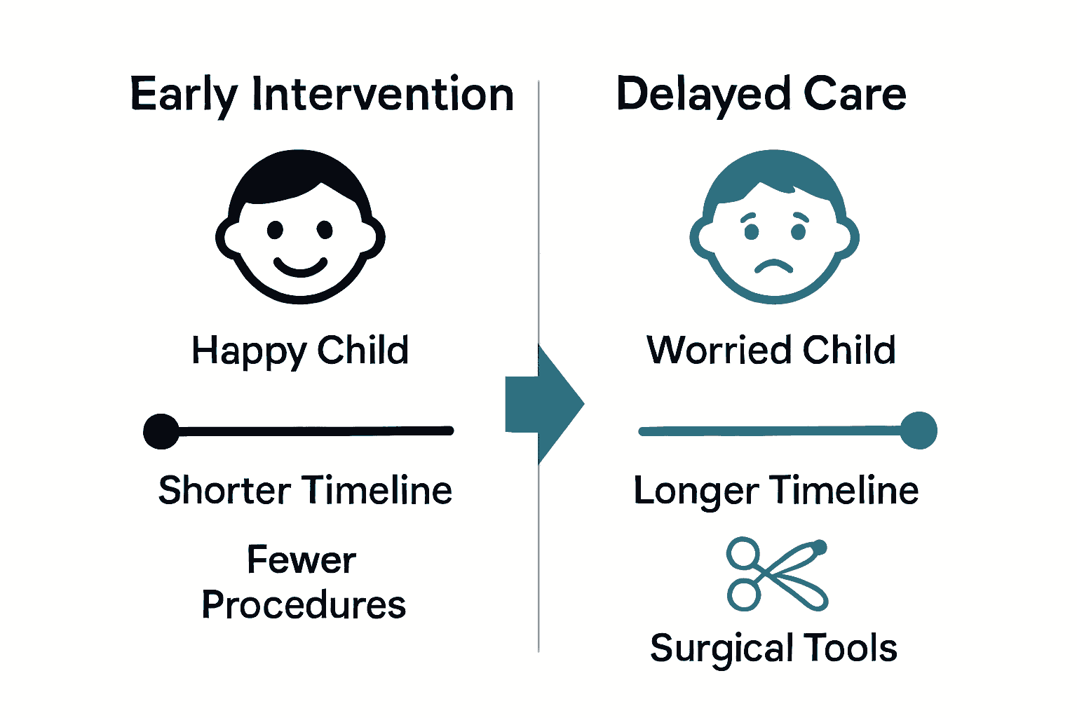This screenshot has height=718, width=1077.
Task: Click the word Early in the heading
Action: pyautogui.click(x=184, y=95)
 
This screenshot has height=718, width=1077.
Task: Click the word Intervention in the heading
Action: pyautogui.click(x=383, y=95)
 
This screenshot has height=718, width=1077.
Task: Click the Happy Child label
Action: pyautogui.click(x=300, y=351)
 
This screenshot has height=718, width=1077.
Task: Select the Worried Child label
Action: pyautogui.click(x=771, y=350)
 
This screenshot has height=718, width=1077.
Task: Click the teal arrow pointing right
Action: pyautogui.click(x=544, y=405)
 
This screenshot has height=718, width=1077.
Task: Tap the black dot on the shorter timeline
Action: pyautogui.click(x=161, y=431)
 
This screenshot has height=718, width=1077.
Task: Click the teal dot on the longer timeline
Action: pyautogui.click(x=918, y=431)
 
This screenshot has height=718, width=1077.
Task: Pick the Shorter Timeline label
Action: pyautogui.click(x=305, y=490)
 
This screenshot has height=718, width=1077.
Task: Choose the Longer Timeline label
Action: pyautogui.click(x=775, y=490)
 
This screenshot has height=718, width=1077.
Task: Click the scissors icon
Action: pyautogui.click(x=775, y=574)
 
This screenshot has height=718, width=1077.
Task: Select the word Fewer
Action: pyautogui.click(x=302, y=560)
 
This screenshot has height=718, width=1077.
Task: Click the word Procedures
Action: pyautogui.click(x=304, y=604)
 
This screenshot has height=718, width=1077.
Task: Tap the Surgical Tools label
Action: pyautogui.click(x=773, y=648)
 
